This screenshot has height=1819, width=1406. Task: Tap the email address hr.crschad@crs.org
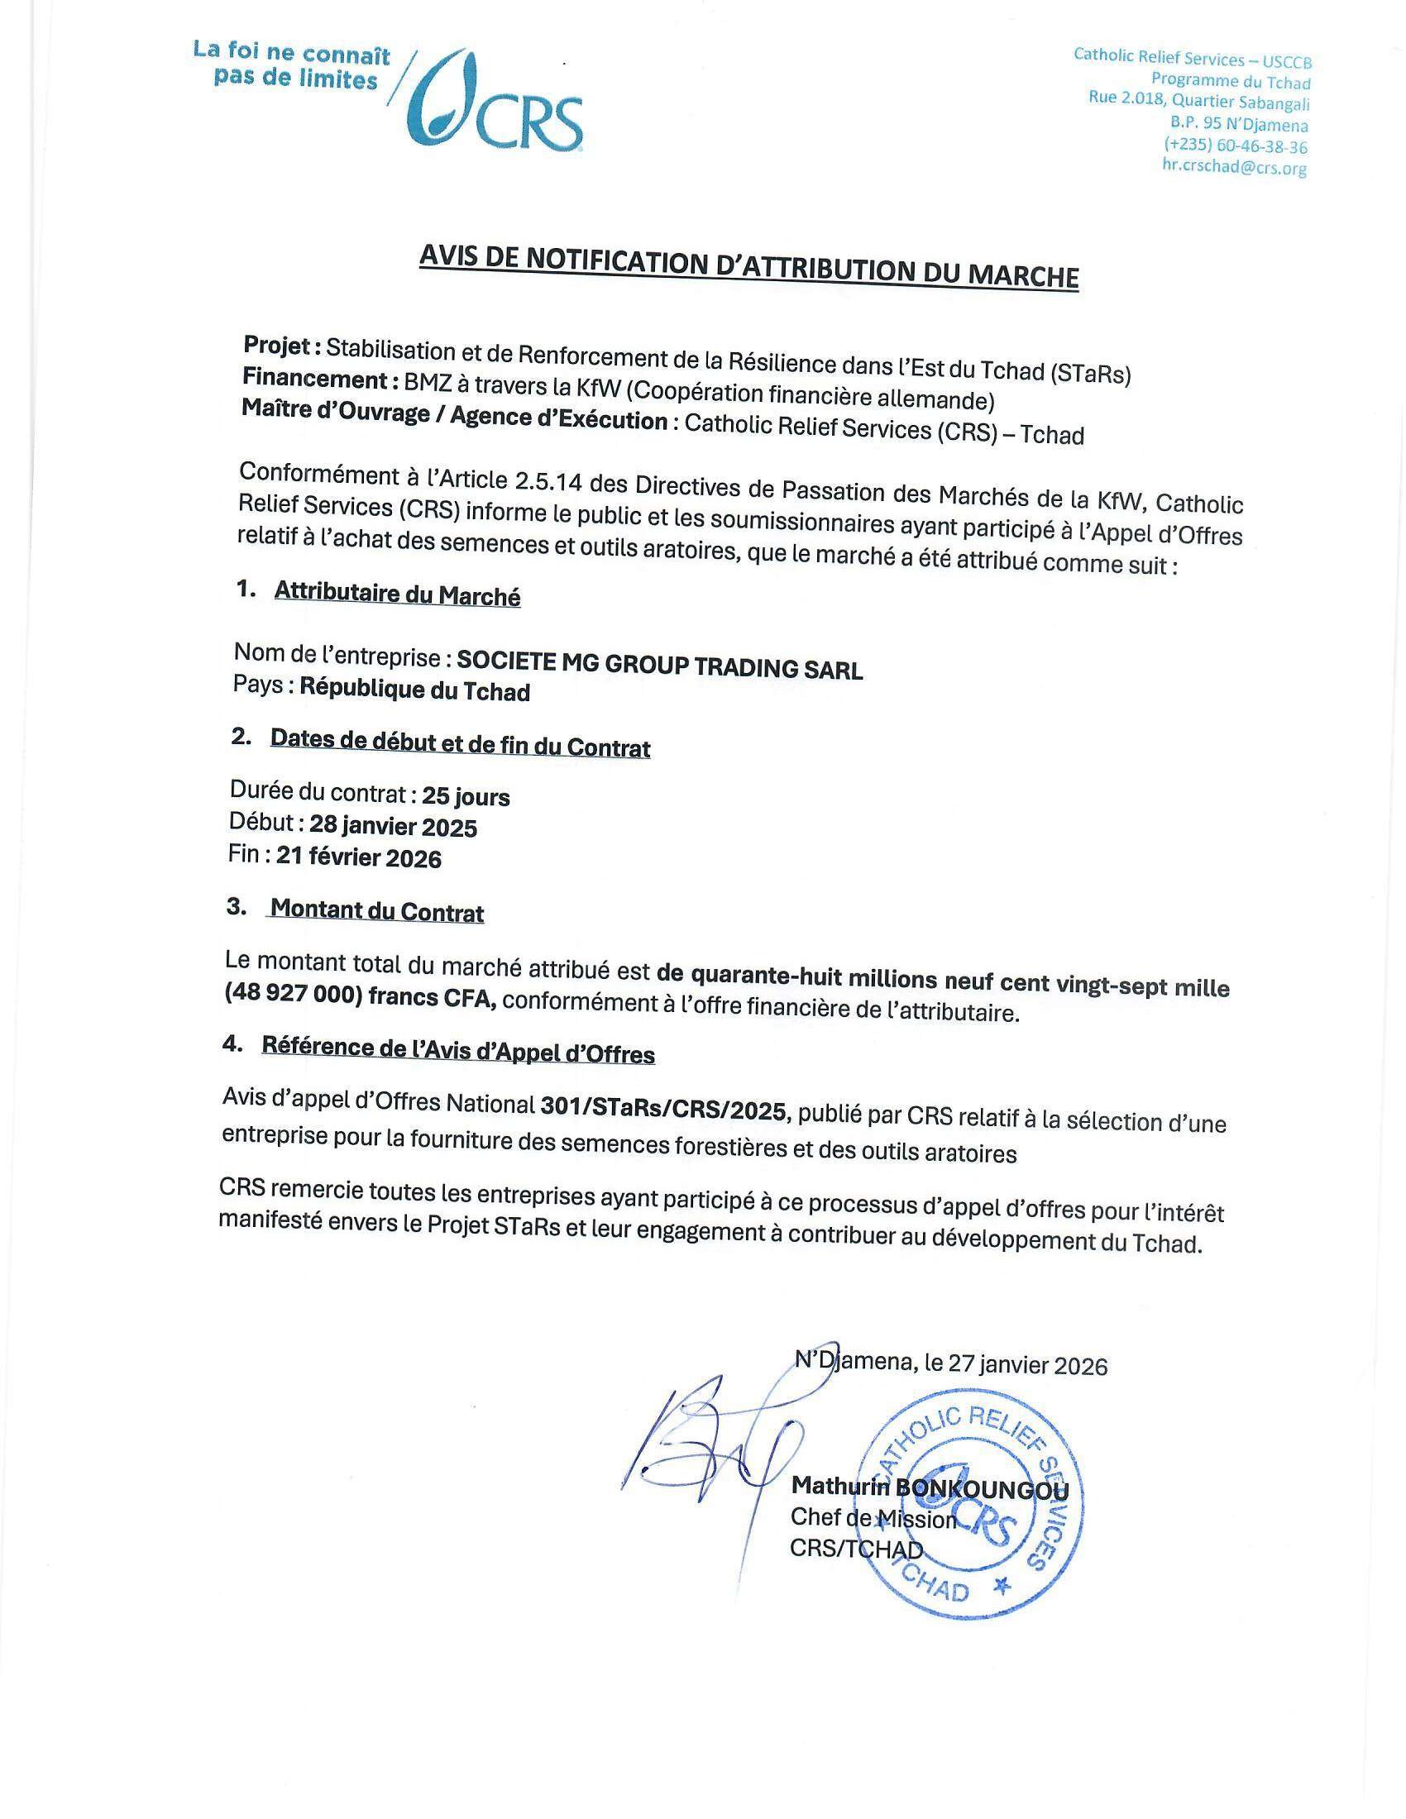pyautogui.click(x=1235, y=167)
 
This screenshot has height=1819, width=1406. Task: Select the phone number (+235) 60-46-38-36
pyautogui.click(x=1236, y=146)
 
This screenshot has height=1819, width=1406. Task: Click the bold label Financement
pyautogui.click(x=314, y=380)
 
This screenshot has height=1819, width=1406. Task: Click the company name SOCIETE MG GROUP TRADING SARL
pyautogui.click(x=660, y=666)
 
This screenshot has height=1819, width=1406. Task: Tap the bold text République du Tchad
pyautogui.click(x=414, y=690)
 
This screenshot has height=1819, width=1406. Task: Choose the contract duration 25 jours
pyautogui.click(x=466, y=797)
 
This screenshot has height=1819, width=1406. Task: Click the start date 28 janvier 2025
pyautogui.click(x=393, y=827)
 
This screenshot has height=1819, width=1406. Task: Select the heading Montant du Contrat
pyautogui.click(x=377, y=911)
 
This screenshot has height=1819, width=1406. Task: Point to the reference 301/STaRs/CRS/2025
pyautogui.click(x=663, y=1110)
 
